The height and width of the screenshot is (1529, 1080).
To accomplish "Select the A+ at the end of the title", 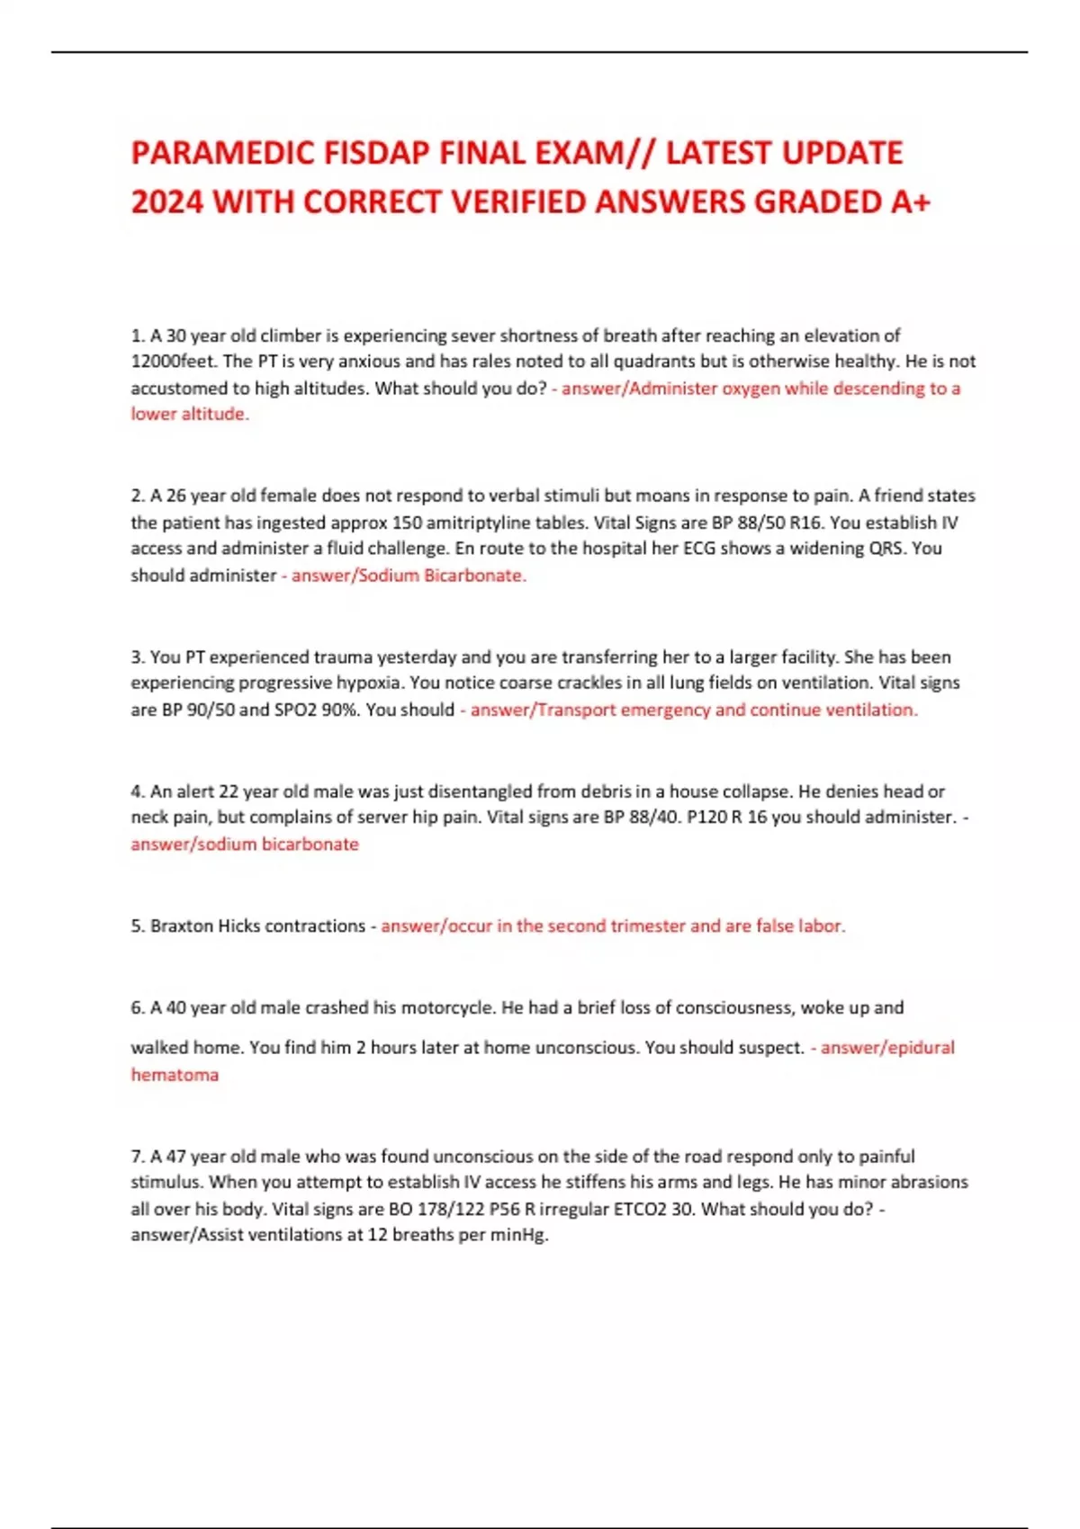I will (910, 202).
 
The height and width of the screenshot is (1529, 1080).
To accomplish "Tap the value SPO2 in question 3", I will (295, 710).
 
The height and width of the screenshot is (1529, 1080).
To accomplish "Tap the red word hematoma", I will (175, 1075).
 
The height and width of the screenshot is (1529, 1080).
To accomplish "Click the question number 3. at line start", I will (138, 657).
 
